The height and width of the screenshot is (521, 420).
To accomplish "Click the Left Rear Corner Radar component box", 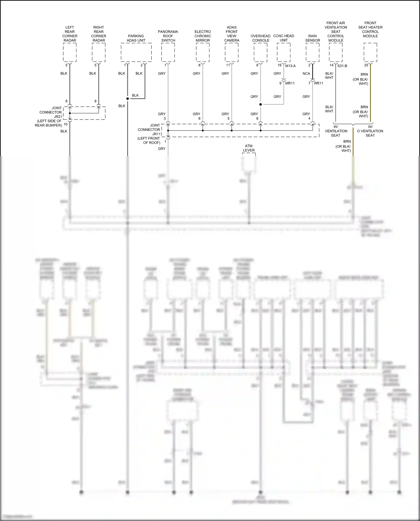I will coord(70,52).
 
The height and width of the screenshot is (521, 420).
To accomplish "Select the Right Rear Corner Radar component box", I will coord(99,52).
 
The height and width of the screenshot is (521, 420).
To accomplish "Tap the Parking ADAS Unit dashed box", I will coord(136,52).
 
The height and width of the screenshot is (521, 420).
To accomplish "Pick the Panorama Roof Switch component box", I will coord(168,52).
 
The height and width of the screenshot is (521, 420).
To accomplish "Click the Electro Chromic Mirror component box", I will coord(203,52).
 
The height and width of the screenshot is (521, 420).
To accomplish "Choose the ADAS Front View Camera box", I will coord(232,52).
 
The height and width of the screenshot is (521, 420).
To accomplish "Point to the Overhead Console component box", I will coord(260,52).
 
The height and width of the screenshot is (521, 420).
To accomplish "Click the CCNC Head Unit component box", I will coord(284,52).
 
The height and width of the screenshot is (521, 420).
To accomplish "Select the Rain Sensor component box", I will coord(312,52).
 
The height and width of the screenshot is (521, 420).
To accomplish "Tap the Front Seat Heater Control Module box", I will coord(370,52).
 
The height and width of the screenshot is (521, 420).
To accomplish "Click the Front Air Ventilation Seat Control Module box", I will coord(335,52).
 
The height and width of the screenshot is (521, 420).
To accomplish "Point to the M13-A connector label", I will coord(290,66).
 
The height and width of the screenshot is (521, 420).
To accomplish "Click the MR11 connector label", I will coord(290,83).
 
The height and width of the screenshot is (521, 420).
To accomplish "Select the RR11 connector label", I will coord(319,83).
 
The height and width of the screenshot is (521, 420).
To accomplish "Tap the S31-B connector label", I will coord(342,66).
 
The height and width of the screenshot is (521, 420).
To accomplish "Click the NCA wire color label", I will coord(306,74).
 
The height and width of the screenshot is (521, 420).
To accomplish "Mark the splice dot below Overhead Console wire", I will coord(260,104).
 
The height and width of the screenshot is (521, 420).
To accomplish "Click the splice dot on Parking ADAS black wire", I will coord(127,99).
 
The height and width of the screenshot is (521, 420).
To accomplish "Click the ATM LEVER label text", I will coord(249,148).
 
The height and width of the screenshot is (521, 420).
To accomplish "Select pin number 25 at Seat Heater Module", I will coord(366,65).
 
